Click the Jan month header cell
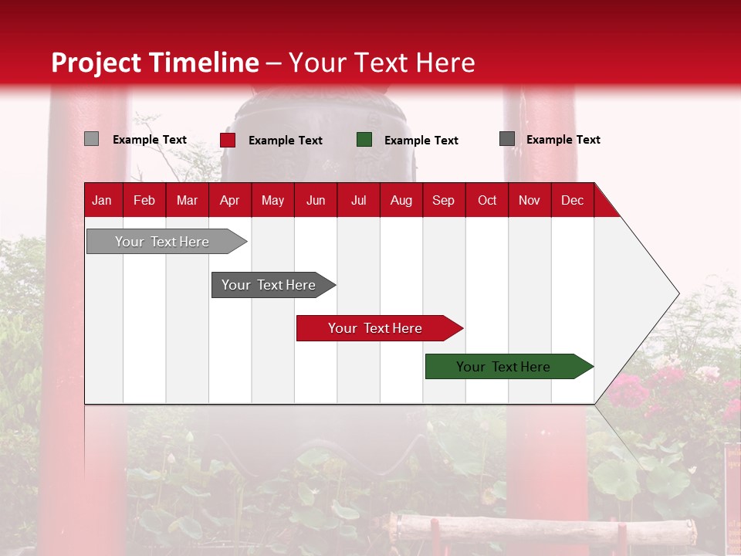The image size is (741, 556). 102,200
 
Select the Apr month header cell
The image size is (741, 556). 230,200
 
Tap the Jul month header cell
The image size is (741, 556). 358,200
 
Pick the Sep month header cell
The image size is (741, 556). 443,200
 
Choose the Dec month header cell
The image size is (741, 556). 572,200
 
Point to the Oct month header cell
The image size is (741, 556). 487,200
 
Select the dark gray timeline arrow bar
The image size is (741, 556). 270,285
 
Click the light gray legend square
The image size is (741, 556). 91,139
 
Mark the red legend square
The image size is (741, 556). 228,140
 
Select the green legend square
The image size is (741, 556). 364,140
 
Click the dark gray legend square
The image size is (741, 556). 507,139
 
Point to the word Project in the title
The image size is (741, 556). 96,63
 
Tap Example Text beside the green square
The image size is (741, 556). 421,141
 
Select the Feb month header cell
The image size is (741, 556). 144,200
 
